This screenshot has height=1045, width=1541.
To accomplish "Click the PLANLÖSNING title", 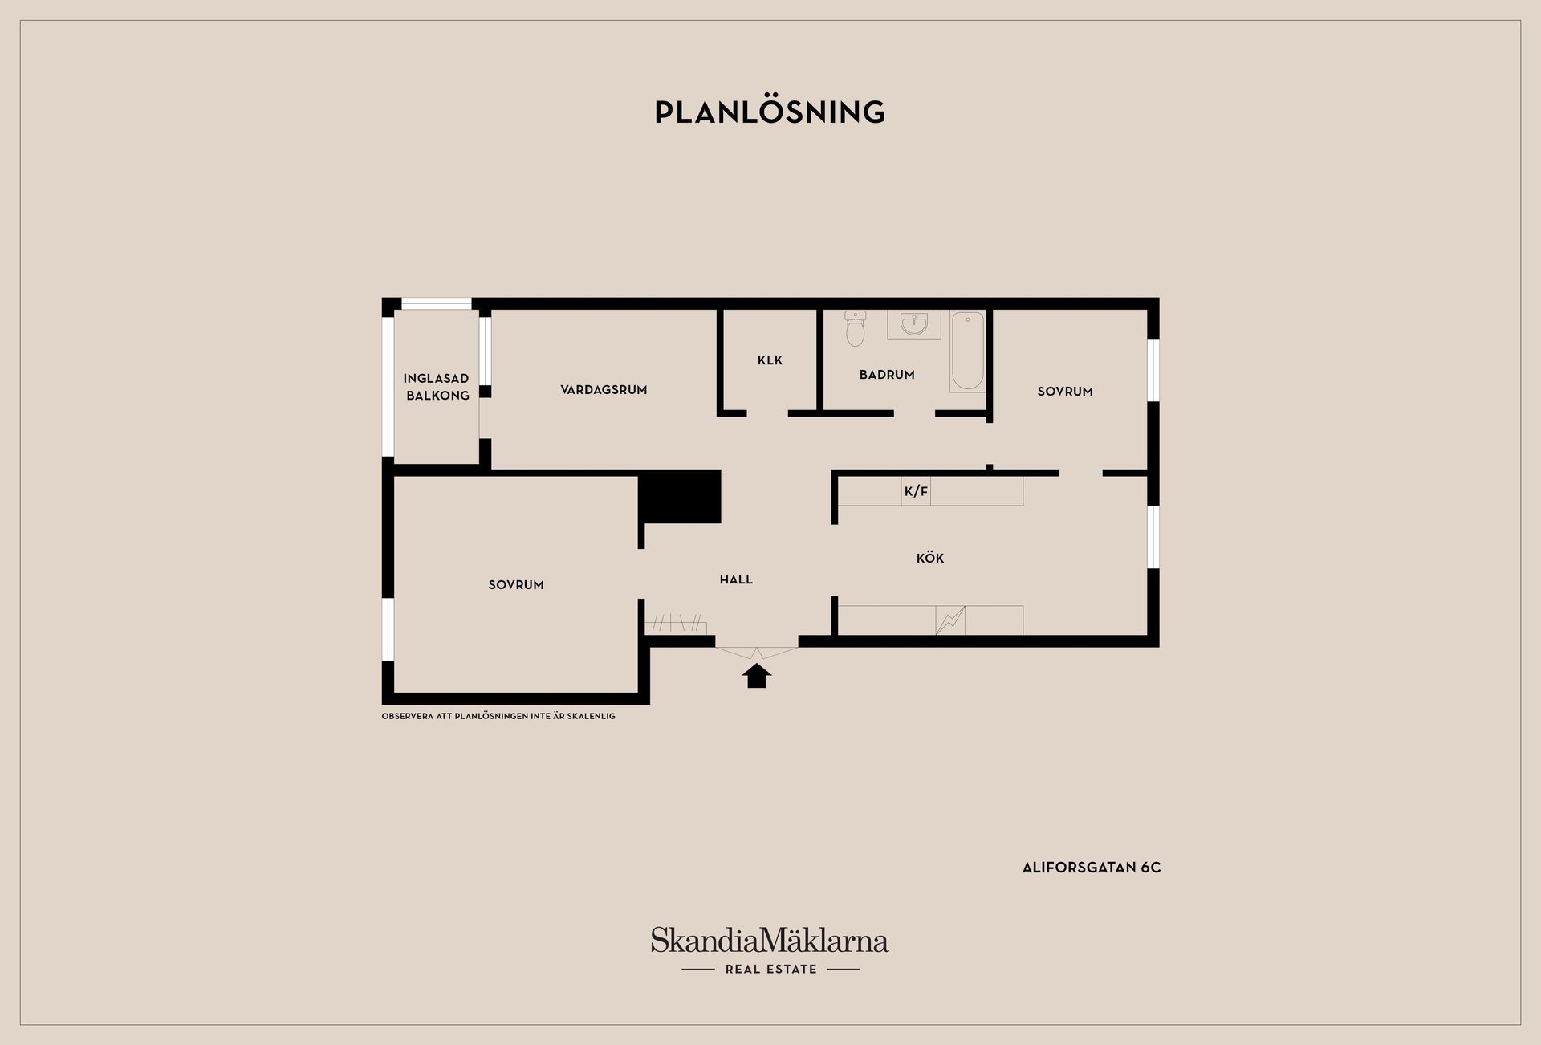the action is pos(770,112).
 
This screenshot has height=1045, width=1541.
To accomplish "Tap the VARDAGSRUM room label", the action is pos(604,390).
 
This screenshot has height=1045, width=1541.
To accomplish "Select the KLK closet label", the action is pos(770,360).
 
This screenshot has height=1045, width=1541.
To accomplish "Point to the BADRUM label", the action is pos(887,375).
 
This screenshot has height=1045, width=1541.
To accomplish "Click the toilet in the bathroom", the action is pos(856,328).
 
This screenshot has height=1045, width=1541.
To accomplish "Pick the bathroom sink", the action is pos(914,323).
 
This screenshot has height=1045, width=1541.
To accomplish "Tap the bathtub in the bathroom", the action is pos(968,352).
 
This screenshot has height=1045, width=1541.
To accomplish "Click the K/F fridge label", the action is pos(916,491).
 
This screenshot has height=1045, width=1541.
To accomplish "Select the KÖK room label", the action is pos(930,558).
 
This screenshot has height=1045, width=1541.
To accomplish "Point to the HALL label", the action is pos(736,579).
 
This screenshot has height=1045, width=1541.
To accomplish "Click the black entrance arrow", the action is pos(757,676).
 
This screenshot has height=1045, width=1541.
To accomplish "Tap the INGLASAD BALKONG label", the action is pos(437,387).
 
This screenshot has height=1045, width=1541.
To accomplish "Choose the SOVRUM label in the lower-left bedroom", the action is pos(516,585).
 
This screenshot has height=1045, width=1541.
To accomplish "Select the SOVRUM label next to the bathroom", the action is pos(1065,392).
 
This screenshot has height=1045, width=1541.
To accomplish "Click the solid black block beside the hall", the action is pos(679,497).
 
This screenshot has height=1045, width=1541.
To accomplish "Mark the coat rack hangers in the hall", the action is pos(676,624).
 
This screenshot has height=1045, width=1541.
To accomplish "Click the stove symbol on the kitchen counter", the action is pos(950,620).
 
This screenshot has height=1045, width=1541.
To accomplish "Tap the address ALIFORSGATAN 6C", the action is pos(1092,868).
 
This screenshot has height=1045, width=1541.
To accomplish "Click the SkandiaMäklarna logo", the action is pos(770,949).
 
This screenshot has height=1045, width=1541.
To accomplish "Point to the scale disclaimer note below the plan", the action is pos(498,716).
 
